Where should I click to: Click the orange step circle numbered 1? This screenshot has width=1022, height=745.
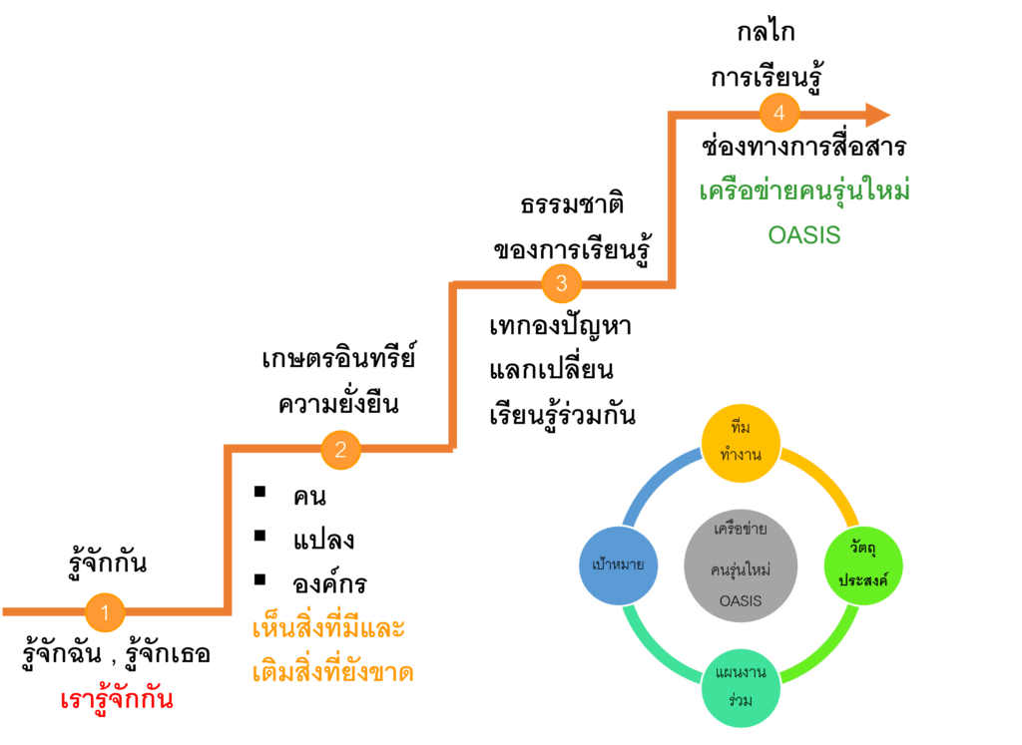coord(106,610)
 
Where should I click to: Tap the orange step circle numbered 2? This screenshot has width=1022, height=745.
coord(340,449)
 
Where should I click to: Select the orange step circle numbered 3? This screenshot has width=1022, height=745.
coord(561,283)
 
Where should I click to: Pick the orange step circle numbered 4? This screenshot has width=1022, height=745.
coord(779,114)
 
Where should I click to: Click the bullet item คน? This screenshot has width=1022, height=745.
coord(310,496)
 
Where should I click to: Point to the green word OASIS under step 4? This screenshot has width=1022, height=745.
coord(804,235)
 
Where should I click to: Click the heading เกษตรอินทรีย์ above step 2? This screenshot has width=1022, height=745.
coord(339,358)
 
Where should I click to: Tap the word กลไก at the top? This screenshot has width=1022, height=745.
coord(766,34)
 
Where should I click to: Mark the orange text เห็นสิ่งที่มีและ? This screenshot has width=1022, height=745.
coord(328,630)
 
